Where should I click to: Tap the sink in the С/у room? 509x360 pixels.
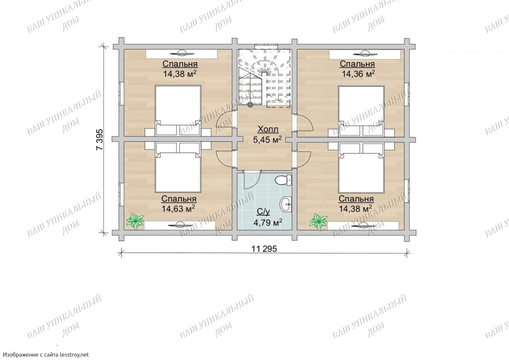[x=285, y=204]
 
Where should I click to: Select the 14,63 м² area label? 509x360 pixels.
[x=179, y=209]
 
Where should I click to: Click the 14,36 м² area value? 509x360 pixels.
[x=358, y=74]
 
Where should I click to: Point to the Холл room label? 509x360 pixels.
[x=268, y=129]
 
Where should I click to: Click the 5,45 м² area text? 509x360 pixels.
[x=268, y=140]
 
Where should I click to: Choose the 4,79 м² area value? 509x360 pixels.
[x=268, y=222]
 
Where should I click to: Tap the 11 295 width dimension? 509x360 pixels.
[x=264, y=249]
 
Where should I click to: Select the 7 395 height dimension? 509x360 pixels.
[x=100, y=139]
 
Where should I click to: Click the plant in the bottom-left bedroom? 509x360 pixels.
[x=135, y=222]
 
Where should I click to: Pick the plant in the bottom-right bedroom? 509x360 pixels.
[x=319, y=222]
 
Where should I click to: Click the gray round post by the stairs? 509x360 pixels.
[x=250, y=104]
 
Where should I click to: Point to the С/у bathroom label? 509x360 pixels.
[x=263, y=212]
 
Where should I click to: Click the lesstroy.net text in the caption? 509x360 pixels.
[x=74, y=354]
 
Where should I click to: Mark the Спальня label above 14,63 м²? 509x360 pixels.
[x=179, y=199]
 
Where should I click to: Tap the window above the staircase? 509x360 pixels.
[x=266, y=46]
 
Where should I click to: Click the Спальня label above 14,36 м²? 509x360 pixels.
[x=357, y=64]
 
